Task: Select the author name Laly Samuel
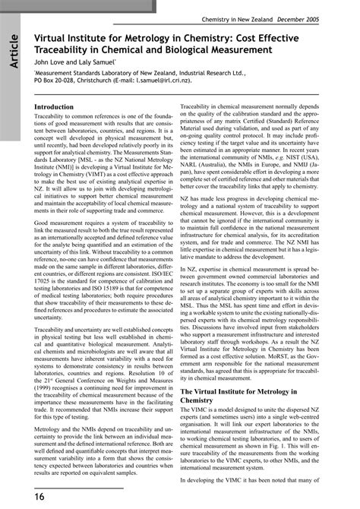coord(97,62)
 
